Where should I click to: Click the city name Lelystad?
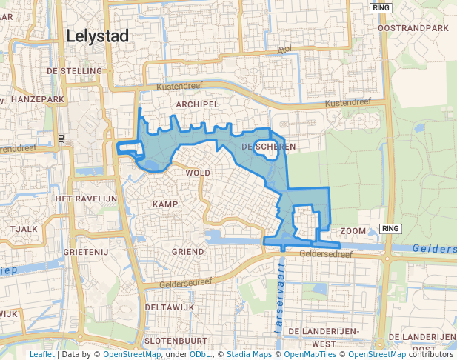(x=97, y=36)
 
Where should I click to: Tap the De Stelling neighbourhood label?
(x=74, y=71)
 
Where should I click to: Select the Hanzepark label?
(x=36, y=99)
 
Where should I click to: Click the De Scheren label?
(x=268, y=147)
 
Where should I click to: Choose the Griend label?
(x=187, y=252)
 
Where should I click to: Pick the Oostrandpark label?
(x=413, y=28)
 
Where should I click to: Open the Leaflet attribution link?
(x=41, y=354)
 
